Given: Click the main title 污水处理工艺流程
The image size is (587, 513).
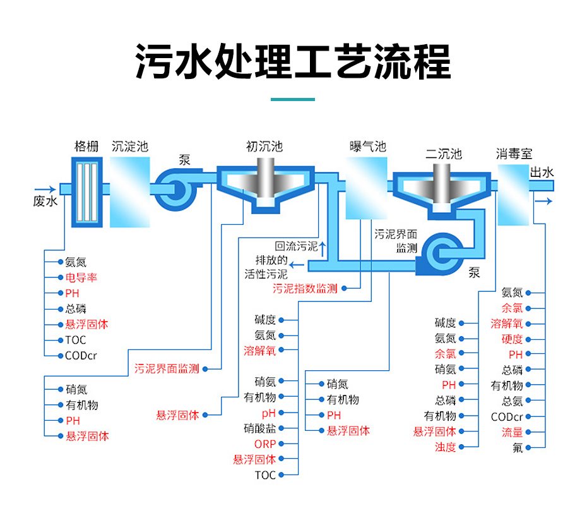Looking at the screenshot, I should [293, 62].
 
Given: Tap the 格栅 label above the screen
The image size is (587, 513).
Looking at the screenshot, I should [86, 147].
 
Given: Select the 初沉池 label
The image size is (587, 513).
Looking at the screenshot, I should [264, 147].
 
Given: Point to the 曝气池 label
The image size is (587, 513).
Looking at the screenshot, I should [367, 147].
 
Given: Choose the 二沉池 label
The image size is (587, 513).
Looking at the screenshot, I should [443, 154].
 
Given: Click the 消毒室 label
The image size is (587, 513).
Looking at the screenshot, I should [514, 154].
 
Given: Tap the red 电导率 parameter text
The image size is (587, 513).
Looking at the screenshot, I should [81, 278].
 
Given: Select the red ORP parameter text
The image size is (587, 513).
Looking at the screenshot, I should [265, 444].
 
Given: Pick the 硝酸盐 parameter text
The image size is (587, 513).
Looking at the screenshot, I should [259, 428].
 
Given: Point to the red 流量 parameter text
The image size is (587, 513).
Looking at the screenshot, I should [512, 432].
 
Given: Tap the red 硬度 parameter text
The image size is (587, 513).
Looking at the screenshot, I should [512, 339].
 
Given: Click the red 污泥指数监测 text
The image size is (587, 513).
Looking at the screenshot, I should [305, 289].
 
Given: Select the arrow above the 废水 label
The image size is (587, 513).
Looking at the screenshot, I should [45, 189].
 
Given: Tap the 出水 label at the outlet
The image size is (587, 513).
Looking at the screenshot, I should [542, 172].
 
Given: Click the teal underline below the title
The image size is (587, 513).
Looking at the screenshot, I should [293, 99].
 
